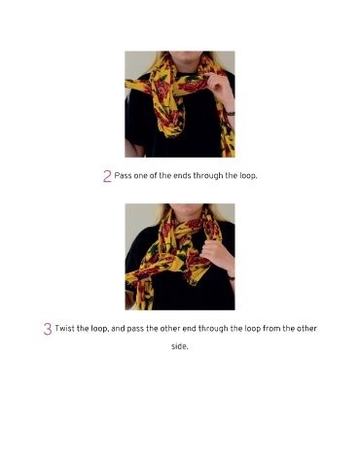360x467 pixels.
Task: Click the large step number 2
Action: tap(107, 176)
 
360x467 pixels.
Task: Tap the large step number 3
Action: tap(48, 329)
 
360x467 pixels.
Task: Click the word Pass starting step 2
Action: tap(123, 176)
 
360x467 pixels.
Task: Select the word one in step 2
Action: tap(140, 176)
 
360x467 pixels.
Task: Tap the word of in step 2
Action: tap(153, 176)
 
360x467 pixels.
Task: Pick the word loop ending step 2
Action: tap(248, 176)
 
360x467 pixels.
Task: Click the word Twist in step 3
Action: tap(62, 329)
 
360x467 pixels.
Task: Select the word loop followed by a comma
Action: tap(99, 329)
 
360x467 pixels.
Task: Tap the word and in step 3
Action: tap(118, 329)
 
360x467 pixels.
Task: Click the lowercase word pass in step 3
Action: tap(135, 329)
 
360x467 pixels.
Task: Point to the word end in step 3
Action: tap(189, 329)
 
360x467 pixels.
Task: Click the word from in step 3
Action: tap(271, 329)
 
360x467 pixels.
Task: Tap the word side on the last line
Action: tap(179, 346)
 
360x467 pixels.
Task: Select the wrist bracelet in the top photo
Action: tap(231, 114)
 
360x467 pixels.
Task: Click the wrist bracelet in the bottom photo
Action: tap(232, 278)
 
